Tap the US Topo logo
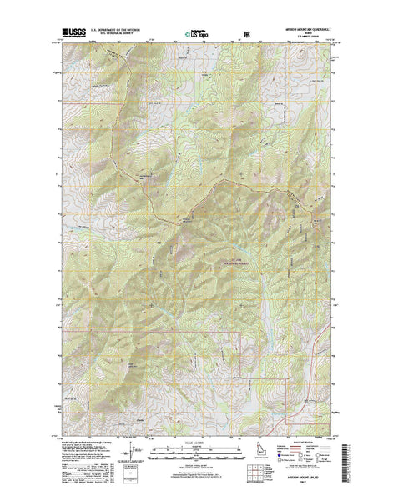[x=198, y=35]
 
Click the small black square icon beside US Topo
[x=245, y=35]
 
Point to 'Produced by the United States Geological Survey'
[x=83, y=442]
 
